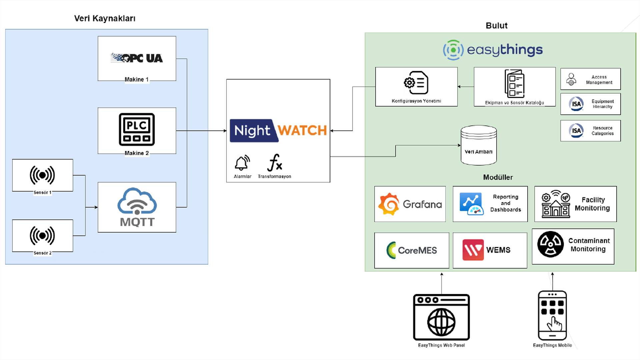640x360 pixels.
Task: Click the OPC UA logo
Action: pyautogui.click(x=137, y=58)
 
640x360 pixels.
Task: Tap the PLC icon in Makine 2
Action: pyautogui.click(x=137, y=129)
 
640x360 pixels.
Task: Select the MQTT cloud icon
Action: pyautogui.click(x=137, y=201)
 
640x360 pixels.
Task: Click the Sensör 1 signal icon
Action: pyautogui.click(x=42, y=175)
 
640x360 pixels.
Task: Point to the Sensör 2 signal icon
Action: pyautogui.click(x=42, y=235)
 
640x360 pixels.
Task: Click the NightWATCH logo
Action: pyautogui.click(x=278, y=130)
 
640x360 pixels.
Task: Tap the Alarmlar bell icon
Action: pyautogui.click(x=242, y=163)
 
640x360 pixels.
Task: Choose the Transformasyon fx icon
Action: pyautogui.click(x=275, y=163)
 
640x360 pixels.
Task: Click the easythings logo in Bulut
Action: pyautogui.click(x=493, y=50)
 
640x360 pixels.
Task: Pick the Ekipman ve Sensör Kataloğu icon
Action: pyautogui.click(x=514, y=83)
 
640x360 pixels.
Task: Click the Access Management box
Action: pyautogui.click(x=590, y=79)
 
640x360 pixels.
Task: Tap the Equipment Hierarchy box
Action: pyautogui.click(x=590, y=104)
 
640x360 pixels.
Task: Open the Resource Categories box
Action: pyautogui.click(x=590, y=131)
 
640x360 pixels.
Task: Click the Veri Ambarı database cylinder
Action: pyautogui.click(x=479, y=145)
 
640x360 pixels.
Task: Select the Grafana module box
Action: pyautogui.click(x=410, y=204)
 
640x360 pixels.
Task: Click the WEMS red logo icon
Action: pyautogui.click(x=473, y=250)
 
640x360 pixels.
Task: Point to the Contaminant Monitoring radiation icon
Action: pyautogui.click(x=550, y=244)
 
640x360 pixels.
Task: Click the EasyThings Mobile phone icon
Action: pyautogui.click(x=552, y=315)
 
